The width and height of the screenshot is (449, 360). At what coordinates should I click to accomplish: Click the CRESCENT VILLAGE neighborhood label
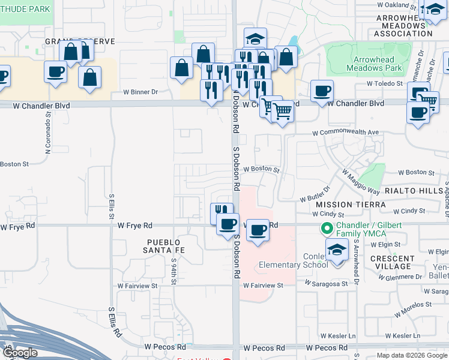pyautogui.click(x=391, y=262)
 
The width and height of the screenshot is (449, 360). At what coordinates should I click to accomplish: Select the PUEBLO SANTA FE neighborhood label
pyautogui.click(x=163, y=245)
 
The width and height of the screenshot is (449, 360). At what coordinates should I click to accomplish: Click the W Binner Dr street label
pyautogui.click(x=140, y=92)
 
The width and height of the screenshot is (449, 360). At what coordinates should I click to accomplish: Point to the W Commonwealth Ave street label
pyautogui.click(x=346, y=132)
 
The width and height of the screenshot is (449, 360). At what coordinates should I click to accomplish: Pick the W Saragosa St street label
pyautogui.click(x=326, y=282)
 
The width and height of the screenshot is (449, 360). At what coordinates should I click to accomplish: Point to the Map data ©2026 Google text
pyautogui.click(x=411, y=355)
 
